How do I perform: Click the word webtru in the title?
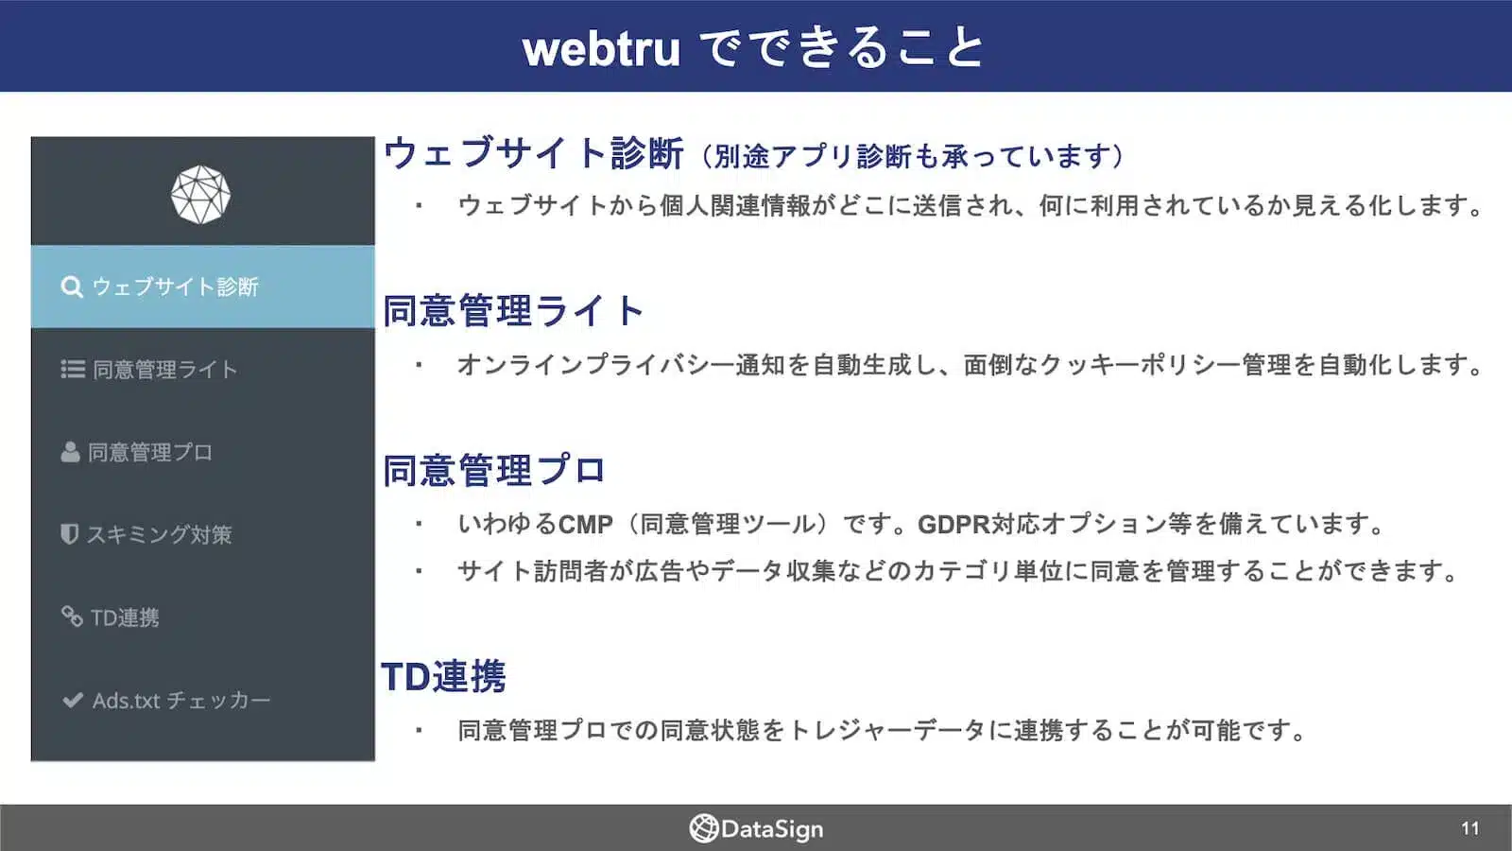click(x=601, y=48)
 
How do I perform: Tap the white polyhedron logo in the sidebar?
click(x=200, y=195)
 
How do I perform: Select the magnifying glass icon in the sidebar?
click(x=72, y=287)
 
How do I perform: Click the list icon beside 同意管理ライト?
click(x=73, y=369)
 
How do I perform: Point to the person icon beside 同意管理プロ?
click(x=70, y=452)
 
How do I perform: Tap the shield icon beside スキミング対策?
click(x=69, y=534)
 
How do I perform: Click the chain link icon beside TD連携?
click(x=72, y=617)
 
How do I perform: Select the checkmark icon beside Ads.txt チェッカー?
click(x=73, y=700)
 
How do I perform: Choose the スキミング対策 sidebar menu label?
click(x=159, y=535)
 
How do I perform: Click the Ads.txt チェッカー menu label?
click(x=181, y=701)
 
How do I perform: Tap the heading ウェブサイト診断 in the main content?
click(x=533, y=153)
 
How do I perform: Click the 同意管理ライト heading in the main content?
click(x=513, y=311)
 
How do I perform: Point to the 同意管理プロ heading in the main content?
click(x=493, y=470)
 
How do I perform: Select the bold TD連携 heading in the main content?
click(x=443, y=677)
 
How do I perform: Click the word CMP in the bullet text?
click(x=585, y=524)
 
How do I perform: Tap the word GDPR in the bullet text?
click(x=954, y=524)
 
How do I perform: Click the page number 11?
click(x=1469, y=828)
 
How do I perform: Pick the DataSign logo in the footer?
click(x=756, y=828)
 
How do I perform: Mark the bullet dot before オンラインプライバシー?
click(x=419, y=364)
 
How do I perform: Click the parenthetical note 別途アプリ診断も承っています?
click(x=912, y=156)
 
